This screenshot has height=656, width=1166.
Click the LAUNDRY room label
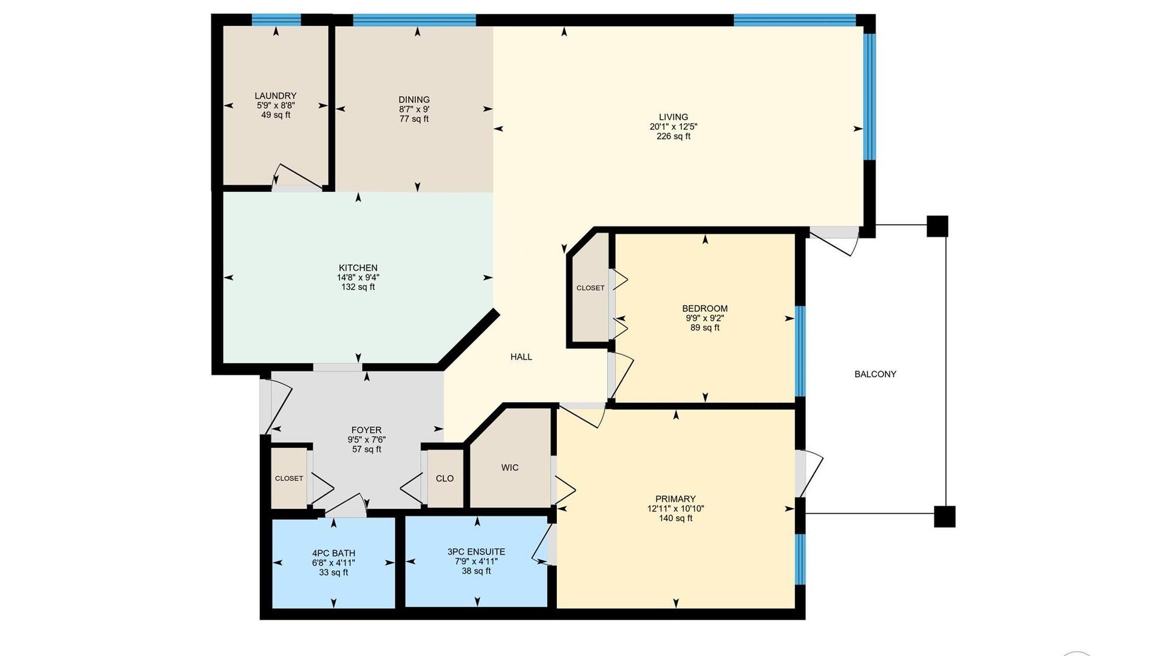point(276,96)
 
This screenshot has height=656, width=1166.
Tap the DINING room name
point(414,100)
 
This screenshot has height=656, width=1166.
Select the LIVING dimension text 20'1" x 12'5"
point(673,127)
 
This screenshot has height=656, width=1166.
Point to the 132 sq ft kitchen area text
point(358,287)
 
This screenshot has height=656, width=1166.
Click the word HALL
point(521,357)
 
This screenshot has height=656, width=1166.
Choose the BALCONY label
point(875,374)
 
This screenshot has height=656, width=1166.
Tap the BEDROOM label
point(705,309)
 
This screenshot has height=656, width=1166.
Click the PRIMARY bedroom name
point(675,499)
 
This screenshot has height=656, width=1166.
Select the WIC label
point(510,468)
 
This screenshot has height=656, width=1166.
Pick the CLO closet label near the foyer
point(445,479)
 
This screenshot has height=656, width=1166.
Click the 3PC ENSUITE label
point(476,552)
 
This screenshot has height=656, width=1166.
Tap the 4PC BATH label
point(333,553)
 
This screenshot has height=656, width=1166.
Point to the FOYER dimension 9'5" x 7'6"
point(367,440)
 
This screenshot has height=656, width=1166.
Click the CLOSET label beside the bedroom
point(590,288)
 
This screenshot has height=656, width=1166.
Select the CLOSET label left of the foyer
point(289,479)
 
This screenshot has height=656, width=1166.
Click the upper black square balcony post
point(937,226)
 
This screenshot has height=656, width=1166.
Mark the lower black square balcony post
point(944,516)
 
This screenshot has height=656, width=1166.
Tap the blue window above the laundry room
point(276,19)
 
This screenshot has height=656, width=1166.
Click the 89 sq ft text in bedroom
point(705,328)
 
